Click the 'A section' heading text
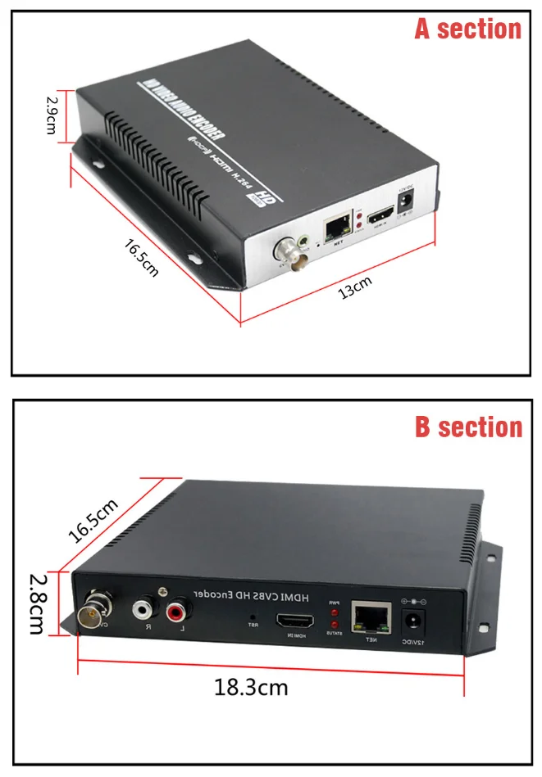[x=467, y=29]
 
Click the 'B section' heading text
[x=467, y=427]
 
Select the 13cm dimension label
[x=356, y=288]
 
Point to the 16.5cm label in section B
[x=93, y=519]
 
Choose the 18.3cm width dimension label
[x=251, y=686]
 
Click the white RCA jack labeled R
[x=143, y=610]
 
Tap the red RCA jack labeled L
[x=177, y=611]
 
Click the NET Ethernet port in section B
[x=365, y=617]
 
